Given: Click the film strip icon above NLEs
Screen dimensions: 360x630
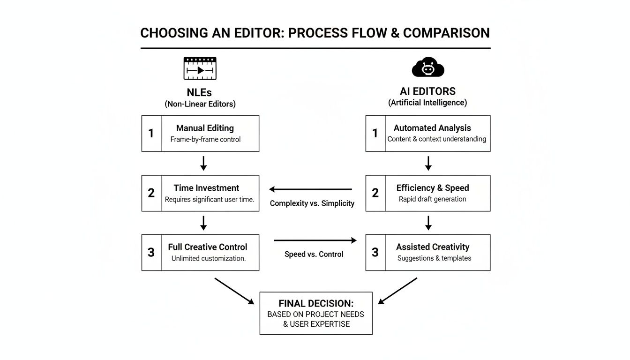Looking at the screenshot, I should tap(200, 68).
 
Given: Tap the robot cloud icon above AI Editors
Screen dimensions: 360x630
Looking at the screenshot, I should tap(427, 67).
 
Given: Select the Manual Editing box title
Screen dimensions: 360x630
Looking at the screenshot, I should tap(205, 128).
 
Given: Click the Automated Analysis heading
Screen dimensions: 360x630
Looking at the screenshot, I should tap(432, 128).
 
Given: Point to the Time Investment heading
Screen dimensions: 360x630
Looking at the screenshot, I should tap(206, 188).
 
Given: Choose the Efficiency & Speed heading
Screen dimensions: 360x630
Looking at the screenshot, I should tap(433, 188).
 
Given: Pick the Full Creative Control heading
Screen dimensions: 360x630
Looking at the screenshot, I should tap(208, 247).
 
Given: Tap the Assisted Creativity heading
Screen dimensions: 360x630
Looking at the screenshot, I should tap(433, 247).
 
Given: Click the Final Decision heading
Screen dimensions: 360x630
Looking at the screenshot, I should tap(316, 303).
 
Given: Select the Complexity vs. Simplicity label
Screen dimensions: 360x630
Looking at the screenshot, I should tap(312, 203).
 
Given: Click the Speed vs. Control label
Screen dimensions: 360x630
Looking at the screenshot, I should tap(314, 254).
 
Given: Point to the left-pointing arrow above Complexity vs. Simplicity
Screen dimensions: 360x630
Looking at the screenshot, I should tap(311, 189).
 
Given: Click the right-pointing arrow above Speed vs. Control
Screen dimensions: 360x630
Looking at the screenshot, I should tap(315, 240).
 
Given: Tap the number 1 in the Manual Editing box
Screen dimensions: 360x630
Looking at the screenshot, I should tap(151, 134).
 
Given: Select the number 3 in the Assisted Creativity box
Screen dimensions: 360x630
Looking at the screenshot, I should tap(375, 253).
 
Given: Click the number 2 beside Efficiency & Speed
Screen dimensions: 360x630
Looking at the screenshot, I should tap(375, 193).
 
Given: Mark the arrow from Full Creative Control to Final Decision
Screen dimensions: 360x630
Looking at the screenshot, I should tap(234, 291).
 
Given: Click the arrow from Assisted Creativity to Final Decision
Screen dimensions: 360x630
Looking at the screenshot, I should tap(397, 291).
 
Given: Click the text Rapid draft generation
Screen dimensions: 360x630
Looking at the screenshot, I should tap(432, 199).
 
